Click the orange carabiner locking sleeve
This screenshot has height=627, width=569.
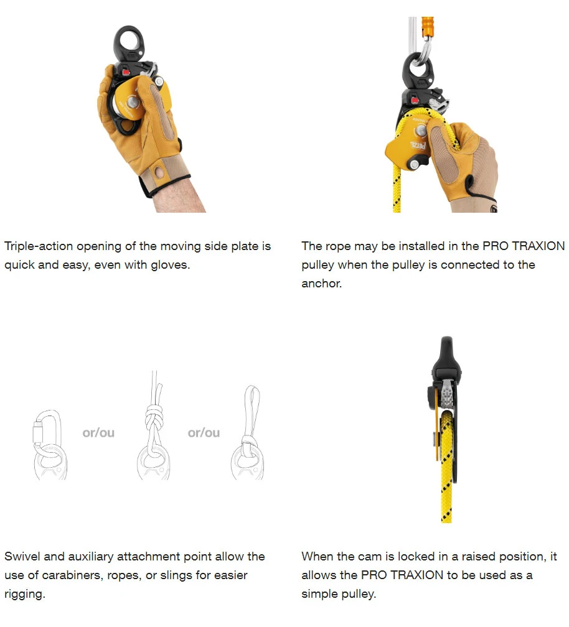pos(428,27)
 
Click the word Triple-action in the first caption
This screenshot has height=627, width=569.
pos(39,246)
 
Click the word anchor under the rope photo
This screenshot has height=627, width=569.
pos(321,284)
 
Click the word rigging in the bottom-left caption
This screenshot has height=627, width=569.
pos(24,595)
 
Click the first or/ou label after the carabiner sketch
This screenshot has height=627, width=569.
pos(98,433)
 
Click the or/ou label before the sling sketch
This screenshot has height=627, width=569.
pos(204,433)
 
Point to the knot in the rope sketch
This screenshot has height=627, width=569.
pos(154,419)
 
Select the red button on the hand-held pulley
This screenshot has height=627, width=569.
pos(126,72)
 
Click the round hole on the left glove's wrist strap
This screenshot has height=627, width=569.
pos(159,173)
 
